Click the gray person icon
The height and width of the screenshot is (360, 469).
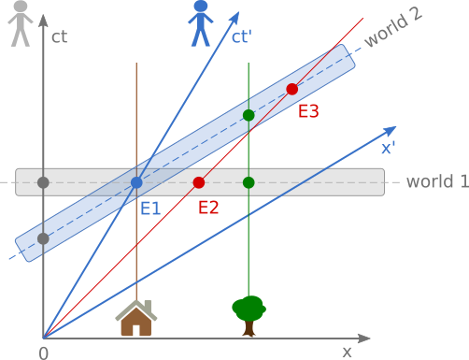[21, 23]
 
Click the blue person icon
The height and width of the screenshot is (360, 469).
[201, 23]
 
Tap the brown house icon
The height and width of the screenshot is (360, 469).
[136, 319]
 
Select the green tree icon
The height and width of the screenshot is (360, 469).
[249, 315]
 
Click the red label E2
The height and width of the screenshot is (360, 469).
[207, 207]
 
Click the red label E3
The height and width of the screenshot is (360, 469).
[308, 111]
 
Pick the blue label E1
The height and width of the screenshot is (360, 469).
[150, 208]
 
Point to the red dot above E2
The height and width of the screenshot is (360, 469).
[198, 181]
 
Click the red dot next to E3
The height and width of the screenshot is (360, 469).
[291, 89]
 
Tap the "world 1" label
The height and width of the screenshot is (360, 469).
[437, 181]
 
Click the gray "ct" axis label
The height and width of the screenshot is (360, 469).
[60, 38]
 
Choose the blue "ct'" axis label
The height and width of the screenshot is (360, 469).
[242, 38]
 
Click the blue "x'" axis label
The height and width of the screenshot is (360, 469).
[388, 147]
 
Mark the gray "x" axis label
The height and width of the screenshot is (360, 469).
[347, 352]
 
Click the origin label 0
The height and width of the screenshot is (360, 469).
[43, 353]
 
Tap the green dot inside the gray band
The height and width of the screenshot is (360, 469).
[249, 181]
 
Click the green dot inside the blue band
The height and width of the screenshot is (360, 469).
[249, 115]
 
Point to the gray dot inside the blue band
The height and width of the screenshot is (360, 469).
[43, 238]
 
